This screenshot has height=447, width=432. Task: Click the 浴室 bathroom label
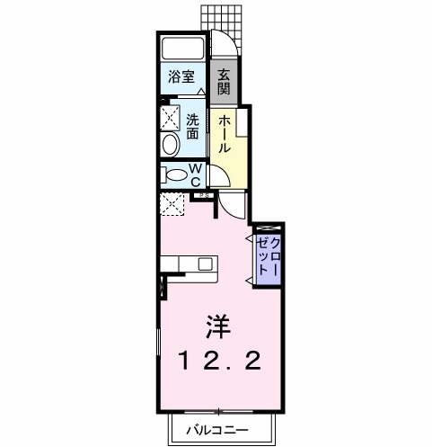[181, 76]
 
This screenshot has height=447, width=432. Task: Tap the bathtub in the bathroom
[183, 48]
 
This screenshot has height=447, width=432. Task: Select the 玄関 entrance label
[224, 82]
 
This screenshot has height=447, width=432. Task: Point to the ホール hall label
[225, 134]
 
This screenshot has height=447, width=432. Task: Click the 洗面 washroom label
[192, 127]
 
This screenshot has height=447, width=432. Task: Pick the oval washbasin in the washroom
[170, 144]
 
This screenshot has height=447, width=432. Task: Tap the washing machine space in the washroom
[170, 118]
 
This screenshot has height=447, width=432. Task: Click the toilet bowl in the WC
[176, 175]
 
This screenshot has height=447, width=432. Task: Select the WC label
[196, 174]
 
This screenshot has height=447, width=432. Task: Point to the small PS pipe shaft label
[204, 195]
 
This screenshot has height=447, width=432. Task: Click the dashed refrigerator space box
[172, 204]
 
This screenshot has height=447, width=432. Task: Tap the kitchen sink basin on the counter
[206, 264]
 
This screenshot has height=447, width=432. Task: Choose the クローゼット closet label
[269, 256]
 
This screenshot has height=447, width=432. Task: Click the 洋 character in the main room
[218, 326]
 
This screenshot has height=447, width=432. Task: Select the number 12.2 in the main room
[220, 361]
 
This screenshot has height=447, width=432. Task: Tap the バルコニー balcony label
[217, 431]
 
